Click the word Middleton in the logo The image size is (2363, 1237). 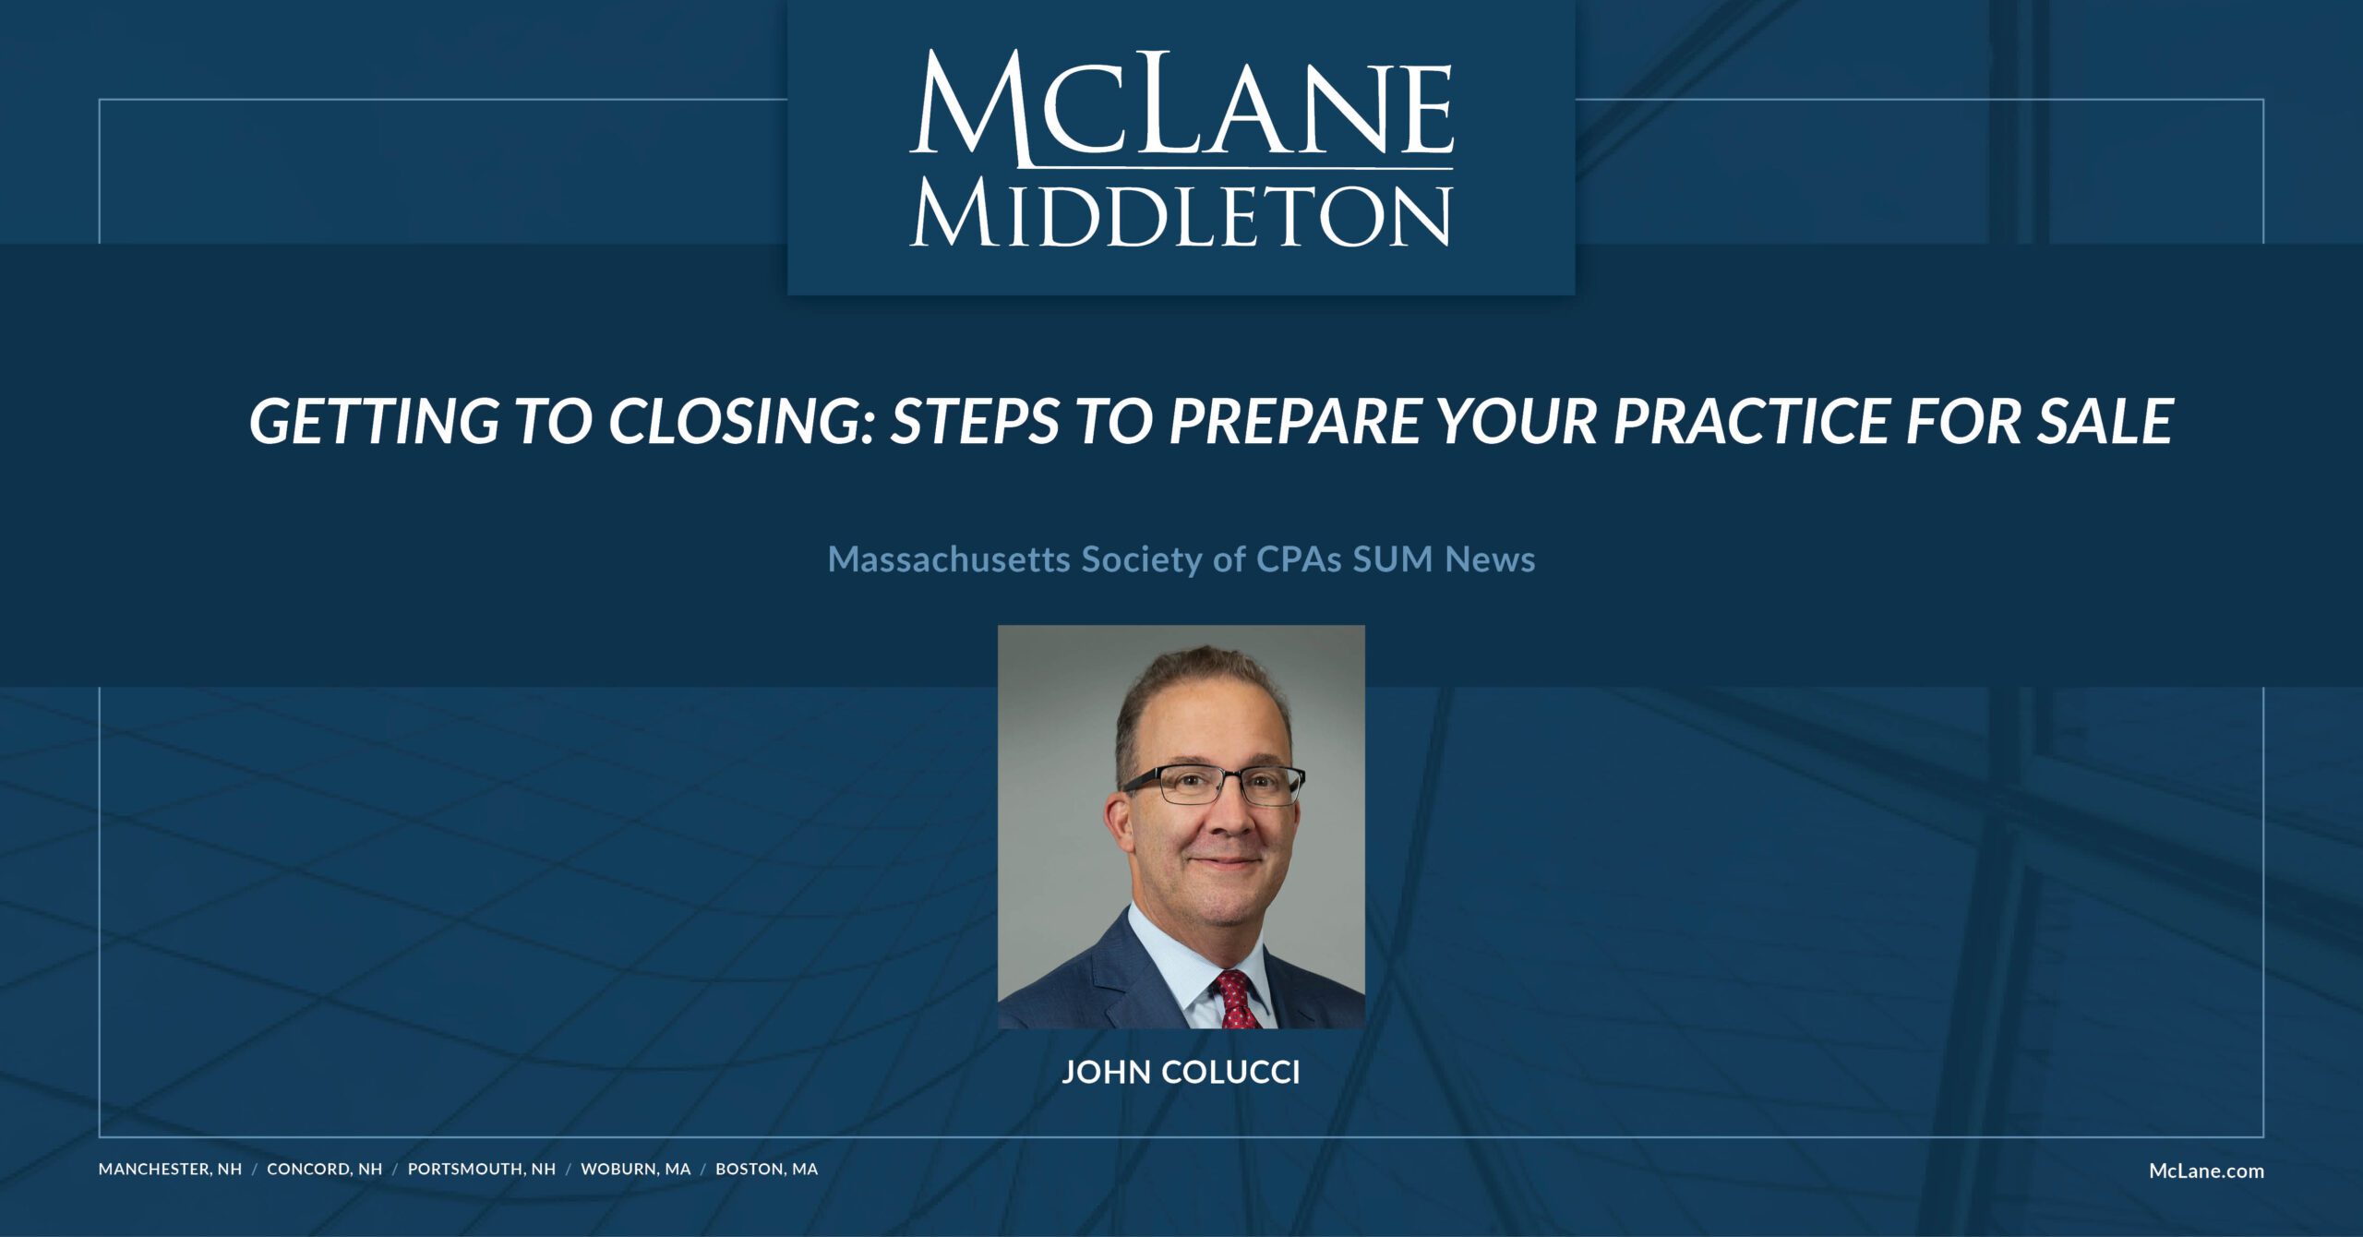point(1181,216)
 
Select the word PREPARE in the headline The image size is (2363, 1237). point(1293,421)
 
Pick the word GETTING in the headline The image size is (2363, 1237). point(374,421)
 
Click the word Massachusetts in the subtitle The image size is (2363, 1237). point(949,559)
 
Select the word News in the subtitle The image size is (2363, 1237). point(1490,559)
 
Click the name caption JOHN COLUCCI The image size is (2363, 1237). point(1181,1072)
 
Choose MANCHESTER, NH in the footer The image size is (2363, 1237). point(170,1170)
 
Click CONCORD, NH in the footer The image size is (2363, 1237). point(324,1170)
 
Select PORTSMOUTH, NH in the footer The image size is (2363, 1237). point(482,1170)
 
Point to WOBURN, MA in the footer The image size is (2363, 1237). point(635,1170)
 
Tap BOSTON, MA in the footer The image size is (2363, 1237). point(766,1170)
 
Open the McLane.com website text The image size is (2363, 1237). point(2206,1171)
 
